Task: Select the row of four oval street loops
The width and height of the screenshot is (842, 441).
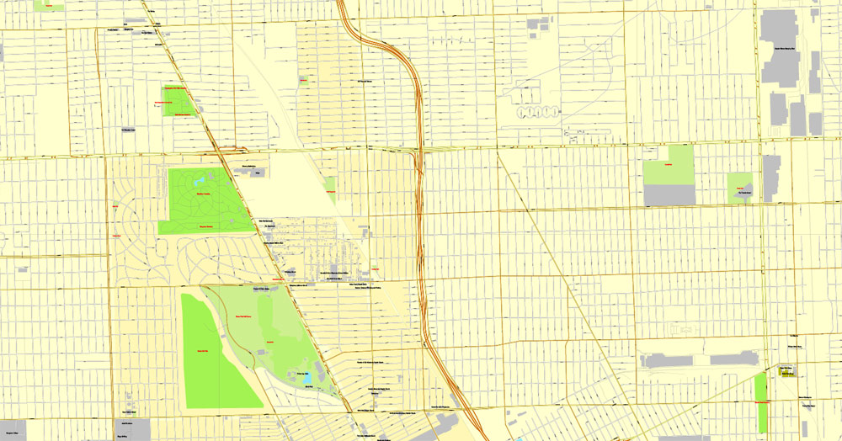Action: pos(537,110)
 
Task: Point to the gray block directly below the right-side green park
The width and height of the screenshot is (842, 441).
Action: pos(669,195)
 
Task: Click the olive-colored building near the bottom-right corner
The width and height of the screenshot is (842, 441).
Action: pos(787,370)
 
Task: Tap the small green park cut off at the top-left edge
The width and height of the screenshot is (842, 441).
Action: pos(49,5)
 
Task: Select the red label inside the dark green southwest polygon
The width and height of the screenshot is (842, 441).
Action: pos(202,350)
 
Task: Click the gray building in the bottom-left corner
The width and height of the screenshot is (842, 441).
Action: pos(12,429)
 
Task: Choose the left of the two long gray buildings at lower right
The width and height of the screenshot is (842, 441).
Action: pos(668,360)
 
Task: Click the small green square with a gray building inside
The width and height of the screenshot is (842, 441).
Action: pos(740,188)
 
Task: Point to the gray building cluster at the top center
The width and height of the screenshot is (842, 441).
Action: pos(536,24)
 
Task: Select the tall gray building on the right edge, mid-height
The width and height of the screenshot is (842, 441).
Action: pos(771,178)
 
